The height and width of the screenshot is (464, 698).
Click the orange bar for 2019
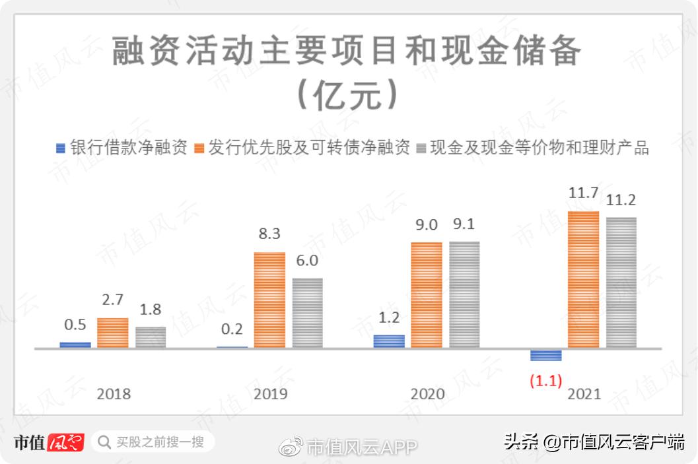[270, 300]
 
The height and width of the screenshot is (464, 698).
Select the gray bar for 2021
[621, 282]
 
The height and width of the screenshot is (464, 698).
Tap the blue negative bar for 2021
[546, 355]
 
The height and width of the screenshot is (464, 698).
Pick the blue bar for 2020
[389, 341]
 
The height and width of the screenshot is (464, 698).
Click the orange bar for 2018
[113, 332]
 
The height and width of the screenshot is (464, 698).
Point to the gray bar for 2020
[465, 294]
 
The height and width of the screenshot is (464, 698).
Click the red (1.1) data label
[545, 381]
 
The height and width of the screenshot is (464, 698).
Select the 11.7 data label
[583, 194]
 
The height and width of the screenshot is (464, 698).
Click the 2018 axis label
[114, 394]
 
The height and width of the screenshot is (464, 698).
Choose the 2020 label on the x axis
[427, 394]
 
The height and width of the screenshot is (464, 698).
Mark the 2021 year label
[584, 394]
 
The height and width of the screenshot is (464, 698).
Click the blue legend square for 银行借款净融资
[61, 148]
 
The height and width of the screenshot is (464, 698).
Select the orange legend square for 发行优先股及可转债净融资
[199, 148]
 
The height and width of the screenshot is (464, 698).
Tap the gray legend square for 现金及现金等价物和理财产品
[421, 148]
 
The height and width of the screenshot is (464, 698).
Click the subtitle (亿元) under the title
[348, 96]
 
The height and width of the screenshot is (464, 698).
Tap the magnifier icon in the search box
[104, 441]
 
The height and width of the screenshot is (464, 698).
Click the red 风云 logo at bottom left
[67, 441]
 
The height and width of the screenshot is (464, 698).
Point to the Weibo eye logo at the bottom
[291, 446]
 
